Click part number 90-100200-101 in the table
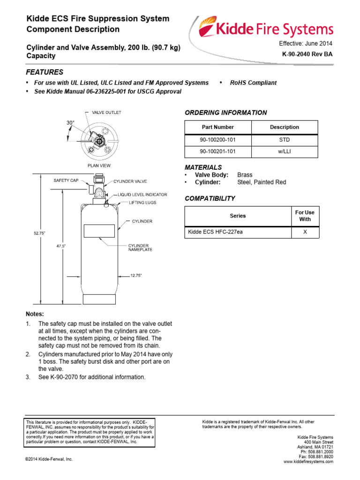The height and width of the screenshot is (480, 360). coord(217,140)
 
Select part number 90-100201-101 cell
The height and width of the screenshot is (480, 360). coord(217,152)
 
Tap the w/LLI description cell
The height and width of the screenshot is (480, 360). coord(285,152)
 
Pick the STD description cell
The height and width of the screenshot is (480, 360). coord(285,140)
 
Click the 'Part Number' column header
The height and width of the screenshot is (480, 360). coord(217,127)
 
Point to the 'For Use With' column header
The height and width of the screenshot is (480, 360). coord(305,216)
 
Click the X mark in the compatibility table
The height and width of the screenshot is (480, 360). coord(305,232)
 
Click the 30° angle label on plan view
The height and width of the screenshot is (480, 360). coord(70,122)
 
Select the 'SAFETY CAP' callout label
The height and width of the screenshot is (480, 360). coord(66,180)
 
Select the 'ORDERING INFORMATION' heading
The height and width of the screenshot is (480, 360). coord(226,112)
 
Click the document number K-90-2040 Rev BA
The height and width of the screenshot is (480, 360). coord(307,55)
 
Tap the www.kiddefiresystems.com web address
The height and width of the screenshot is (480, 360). coord(308,462)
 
